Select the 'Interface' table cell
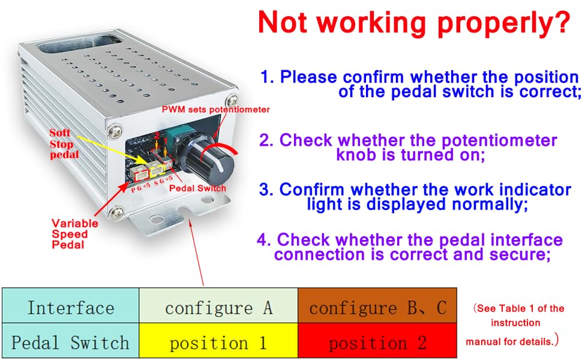tap(70, 308)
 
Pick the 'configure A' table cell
tap(218, 308)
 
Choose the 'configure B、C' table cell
tap(377, 308)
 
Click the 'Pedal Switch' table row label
tap(70, 343)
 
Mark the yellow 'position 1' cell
tap(218, 343)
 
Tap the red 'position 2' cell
tap(377, 343)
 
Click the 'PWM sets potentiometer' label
tap(216, 109)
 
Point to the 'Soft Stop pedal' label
tap(62, 144)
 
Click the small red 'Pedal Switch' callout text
tap(197, 188)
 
